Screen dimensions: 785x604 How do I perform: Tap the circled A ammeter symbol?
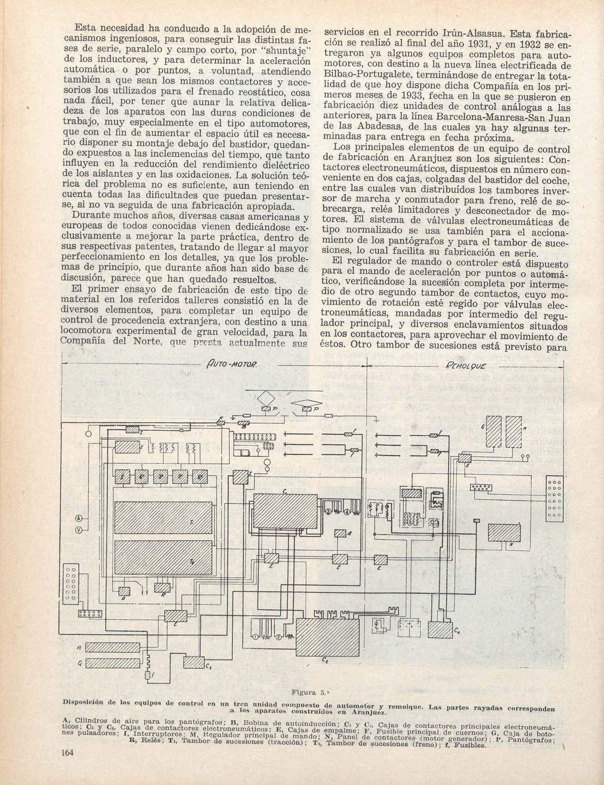pos(79,518)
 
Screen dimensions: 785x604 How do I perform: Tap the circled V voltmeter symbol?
pos(79,531)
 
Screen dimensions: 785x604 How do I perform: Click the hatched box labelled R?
pos(162,588)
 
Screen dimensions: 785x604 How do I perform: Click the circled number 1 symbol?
pos(256,638)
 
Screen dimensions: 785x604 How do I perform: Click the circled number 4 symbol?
pos(347,512)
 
